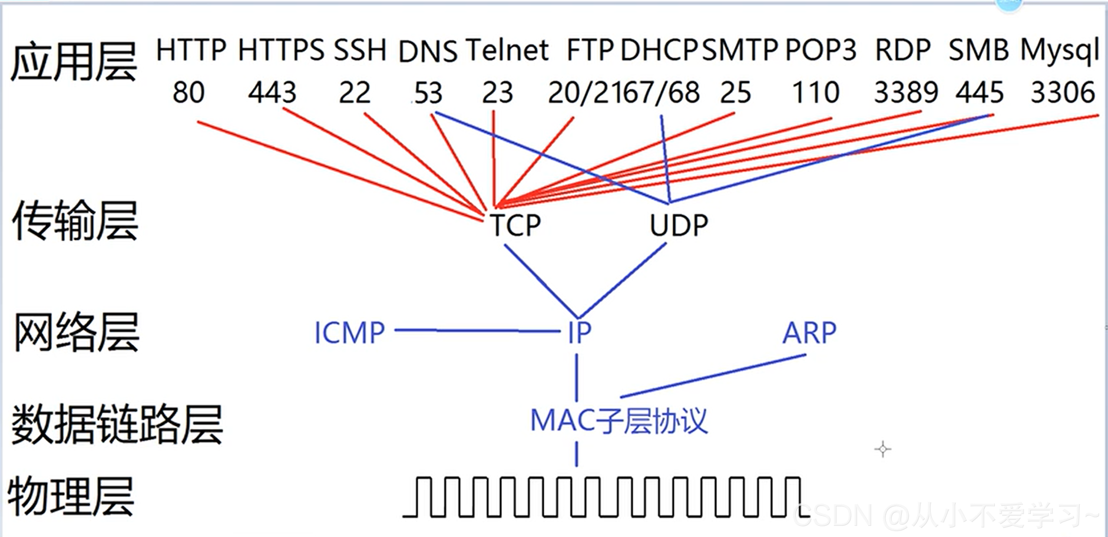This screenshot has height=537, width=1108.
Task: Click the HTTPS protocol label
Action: tap(280, 50)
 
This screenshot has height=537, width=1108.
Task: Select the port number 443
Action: tap(272, 93)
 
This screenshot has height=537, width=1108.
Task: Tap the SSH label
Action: tap(360, 50)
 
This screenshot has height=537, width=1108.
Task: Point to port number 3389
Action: tap(905, 93)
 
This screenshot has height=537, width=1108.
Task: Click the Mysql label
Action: tap(1059, 51)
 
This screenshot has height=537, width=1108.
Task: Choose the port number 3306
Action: tap(1062, 93)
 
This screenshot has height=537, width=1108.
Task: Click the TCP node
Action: tap(515, 225)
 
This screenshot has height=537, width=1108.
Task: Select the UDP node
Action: tap(679, 225)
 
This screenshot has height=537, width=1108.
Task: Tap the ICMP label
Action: tap(349, 333)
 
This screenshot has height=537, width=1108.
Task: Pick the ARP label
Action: tap(809, 333)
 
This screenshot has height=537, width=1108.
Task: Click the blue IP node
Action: tap(579, 333)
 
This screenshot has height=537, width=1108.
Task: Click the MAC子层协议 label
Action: tap(619, 421)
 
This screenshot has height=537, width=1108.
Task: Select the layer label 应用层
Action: tap(74, 62)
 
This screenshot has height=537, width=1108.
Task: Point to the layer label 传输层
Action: tap(75, 220)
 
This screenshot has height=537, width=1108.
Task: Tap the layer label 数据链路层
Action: tap(117, 424)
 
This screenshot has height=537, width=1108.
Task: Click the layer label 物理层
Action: tap(71, 497)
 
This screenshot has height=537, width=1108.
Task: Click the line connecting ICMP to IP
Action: tap(477, 331)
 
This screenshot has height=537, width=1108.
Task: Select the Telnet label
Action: tap(507, 50)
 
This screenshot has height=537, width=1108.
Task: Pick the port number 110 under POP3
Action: tap(815, 93)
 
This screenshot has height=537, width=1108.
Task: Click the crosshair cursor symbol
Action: tap(882, 449)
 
